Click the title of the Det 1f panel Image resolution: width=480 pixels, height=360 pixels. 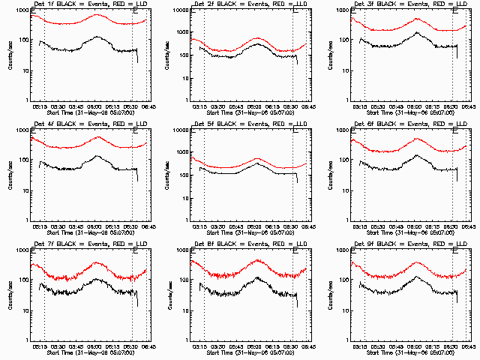click(85, 4)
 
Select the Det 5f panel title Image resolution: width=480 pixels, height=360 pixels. click(244, 124)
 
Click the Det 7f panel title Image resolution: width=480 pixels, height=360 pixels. click(85, 244)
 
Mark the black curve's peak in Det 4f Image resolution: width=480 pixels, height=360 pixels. click(97, 156)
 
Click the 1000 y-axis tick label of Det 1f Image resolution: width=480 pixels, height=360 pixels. click(24, 10)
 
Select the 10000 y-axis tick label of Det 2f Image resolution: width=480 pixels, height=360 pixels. click(182, 10)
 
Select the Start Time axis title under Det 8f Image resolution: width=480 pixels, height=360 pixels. click(244, 352)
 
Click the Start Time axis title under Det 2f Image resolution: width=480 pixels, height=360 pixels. click(244, 112)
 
